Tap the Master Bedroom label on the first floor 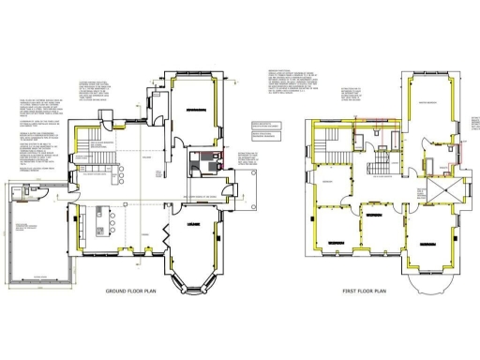click(431, 101)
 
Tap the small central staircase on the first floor click(381, 168)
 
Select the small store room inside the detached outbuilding click(25, 195)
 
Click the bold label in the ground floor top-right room click(197, 110)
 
